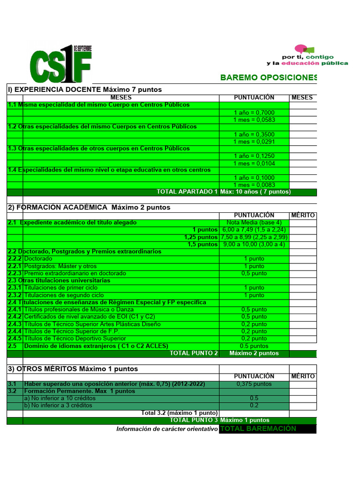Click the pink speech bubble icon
[300, 49]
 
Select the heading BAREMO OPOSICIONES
[269, 77]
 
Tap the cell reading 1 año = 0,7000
[254, 112]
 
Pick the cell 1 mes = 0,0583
[254, 120]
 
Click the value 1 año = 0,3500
[254, 134]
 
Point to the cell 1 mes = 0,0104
[254, 163]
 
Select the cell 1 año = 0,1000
[254, 178]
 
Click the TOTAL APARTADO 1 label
[187, 192]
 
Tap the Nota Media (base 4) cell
[254, 222]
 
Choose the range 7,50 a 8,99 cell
[254, 237]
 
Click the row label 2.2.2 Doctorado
[38, 259]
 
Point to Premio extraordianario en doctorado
[75, 273]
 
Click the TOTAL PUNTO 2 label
[194, 353]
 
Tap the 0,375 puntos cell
[254, 383]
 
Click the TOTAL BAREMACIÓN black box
[268, 428]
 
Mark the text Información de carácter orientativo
[167, 428]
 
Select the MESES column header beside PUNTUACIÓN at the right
[302, 97]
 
